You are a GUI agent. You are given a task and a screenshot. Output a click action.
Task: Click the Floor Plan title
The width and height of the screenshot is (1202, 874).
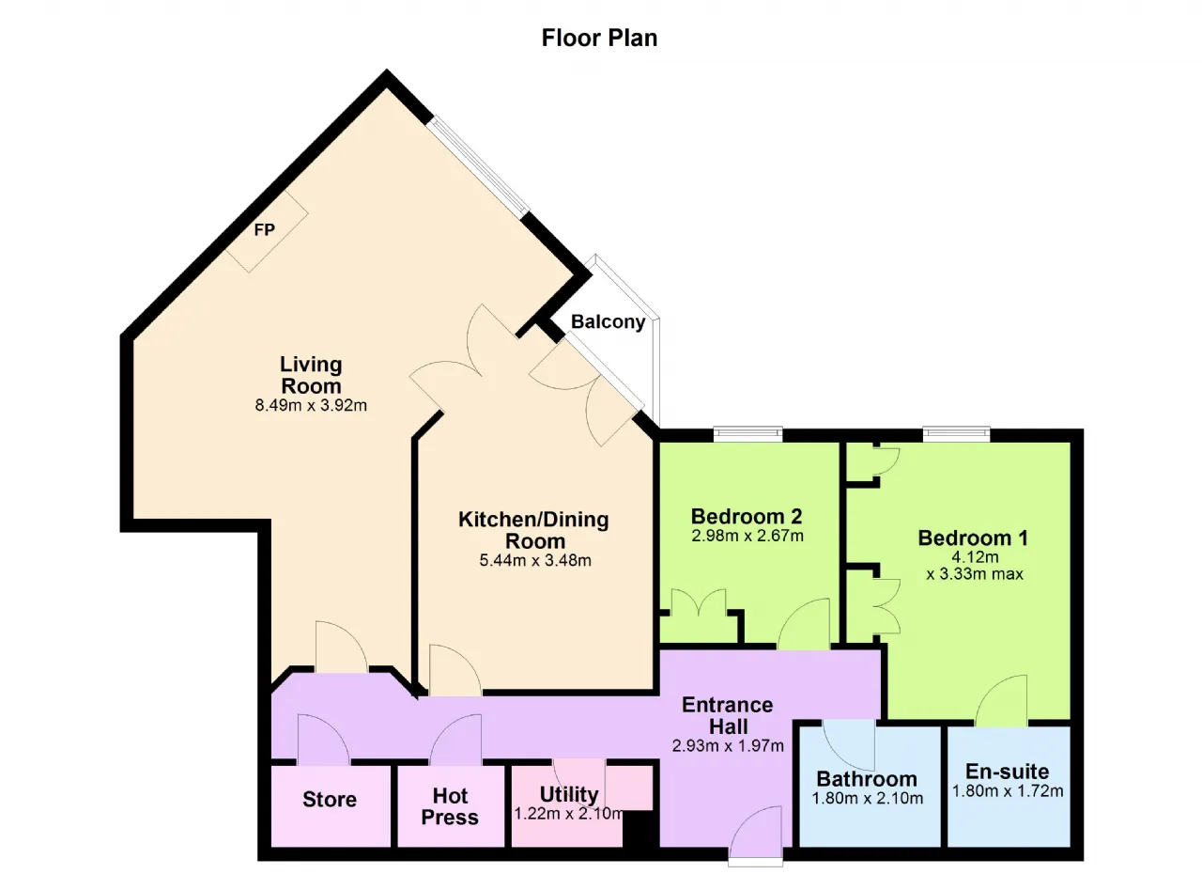(x=599, y=39)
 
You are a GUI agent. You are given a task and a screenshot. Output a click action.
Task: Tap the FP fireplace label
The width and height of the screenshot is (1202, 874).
(x=265, y=229)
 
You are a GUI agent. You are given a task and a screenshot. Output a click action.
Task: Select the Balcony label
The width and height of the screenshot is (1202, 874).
(x=608, y=322)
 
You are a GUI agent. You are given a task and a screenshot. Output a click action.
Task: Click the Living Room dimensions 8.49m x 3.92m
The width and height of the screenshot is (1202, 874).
(x=311, y=405)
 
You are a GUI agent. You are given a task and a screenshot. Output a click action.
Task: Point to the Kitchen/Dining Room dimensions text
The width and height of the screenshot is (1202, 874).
(x=535, y=560)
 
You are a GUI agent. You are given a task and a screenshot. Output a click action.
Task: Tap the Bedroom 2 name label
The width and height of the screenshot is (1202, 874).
(x=747, y=517)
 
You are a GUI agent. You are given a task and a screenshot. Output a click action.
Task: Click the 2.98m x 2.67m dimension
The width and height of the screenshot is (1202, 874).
(x=747, y=536)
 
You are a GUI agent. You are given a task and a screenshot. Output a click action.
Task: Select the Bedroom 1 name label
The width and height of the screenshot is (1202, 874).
(x=974, y=538)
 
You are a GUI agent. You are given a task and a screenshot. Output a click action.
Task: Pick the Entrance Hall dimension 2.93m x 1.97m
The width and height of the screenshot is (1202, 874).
(x=728, y=745)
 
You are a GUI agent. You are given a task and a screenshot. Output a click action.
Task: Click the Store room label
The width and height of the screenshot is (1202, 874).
(x=330, y=800)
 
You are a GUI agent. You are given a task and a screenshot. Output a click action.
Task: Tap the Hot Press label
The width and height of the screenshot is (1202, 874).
(x=450, y=806)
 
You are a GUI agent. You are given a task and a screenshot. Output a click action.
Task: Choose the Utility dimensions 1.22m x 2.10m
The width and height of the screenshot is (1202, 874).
(x=569, y=814)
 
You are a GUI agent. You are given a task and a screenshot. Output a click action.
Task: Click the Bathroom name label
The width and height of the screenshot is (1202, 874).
(x=867, y=779)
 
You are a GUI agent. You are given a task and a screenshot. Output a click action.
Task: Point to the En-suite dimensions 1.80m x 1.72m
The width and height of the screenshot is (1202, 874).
(x=1008, y=790)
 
